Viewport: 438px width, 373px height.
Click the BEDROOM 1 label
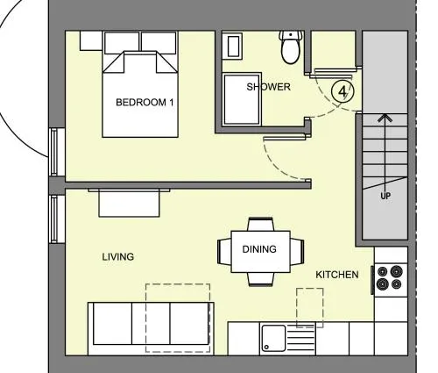coord(145,103)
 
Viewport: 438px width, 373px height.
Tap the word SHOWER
coord(269,87)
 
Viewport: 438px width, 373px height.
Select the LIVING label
coord(118,257)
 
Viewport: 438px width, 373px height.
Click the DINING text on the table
coord(259,249)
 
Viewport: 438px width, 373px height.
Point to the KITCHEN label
coord(337,275)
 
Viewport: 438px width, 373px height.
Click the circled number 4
coord(343,91)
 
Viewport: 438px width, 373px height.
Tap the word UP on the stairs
coord(385,196)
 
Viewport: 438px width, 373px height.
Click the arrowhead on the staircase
coord(385,118)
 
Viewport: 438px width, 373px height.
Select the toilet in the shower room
coord(290,47)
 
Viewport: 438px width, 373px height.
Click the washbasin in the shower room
coord(233,47)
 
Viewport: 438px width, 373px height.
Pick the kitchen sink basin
coord(273,338)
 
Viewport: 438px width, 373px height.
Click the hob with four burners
coord(390,277)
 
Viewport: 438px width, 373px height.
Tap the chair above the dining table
coord(261,225)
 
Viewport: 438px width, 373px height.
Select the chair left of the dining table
coord(224,252)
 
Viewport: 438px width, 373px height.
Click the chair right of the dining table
coord(297,252)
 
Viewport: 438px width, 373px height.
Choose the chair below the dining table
coord(261,279)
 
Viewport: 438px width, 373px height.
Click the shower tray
coord(242,99)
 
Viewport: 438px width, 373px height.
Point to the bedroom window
coord(54,152)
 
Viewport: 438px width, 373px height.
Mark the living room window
coord(54,219)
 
